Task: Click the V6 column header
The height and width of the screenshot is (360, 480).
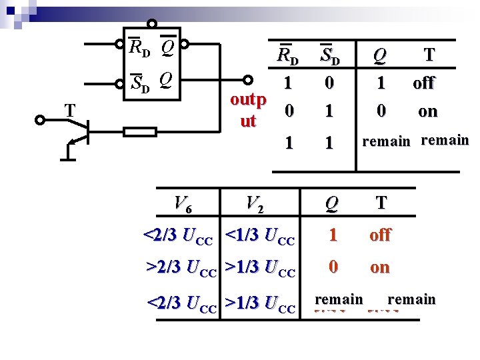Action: pos(182,203)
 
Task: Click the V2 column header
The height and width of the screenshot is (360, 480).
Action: pos(254,203)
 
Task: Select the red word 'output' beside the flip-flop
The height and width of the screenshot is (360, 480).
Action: pos(248,111)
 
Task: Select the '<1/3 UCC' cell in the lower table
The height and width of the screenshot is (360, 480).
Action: pos(260,236)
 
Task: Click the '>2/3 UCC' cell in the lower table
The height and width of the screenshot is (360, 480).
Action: pos(181,269)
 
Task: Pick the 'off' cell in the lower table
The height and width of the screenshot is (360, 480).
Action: pos(380,235)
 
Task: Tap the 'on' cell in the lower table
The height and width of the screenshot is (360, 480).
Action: pos(379,268)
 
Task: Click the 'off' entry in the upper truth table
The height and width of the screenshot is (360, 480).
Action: pos(423,83)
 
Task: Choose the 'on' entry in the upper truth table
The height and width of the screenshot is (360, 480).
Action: pos(427,111)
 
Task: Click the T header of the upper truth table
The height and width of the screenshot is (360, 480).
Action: pos(429,55)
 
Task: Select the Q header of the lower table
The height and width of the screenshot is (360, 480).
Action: pos(331,203)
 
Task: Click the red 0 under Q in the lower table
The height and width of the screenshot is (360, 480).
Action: pos(333,267)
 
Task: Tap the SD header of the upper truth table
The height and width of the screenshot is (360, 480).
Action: pos(330,56)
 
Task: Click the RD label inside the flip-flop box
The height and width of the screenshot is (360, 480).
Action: pos(139,48)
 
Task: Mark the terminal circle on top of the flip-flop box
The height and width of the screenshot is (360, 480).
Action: pos(152,25)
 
